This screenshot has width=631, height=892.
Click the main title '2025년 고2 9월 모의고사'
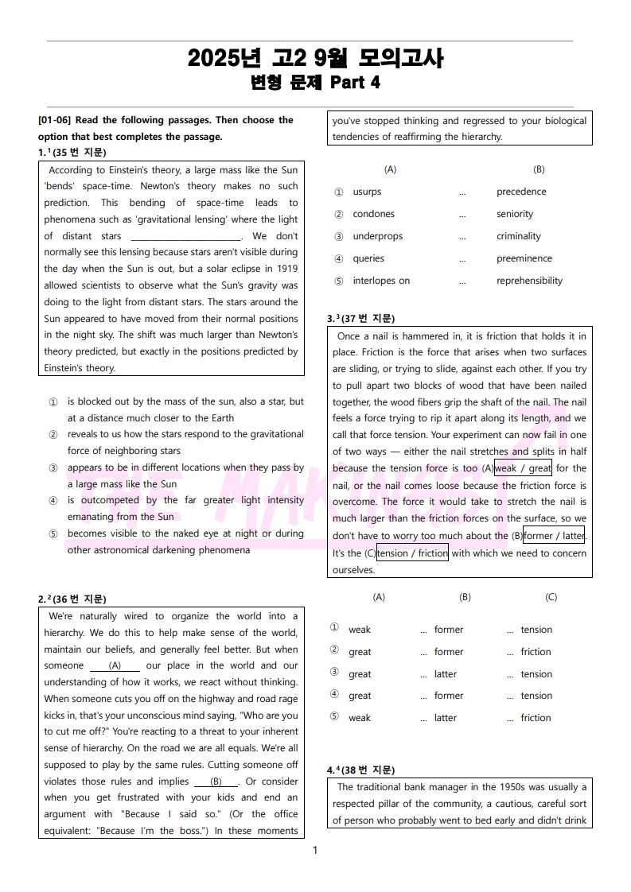point(315,59)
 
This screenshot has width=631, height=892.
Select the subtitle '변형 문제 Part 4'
point(315,83)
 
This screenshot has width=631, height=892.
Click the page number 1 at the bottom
point(315,851)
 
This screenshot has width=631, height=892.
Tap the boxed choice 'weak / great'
point(523,468)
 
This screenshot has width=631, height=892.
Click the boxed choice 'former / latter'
point(553,535)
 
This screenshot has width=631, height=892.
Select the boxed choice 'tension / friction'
point(412,553)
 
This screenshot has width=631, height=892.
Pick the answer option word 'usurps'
point(367,192)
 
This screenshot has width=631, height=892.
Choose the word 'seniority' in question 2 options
point(515,214)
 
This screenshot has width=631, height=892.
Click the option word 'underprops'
point(378,236)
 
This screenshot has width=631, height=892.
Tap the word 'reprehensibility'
point(529,281)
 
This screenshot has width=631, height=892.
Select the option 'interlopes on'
point(381,281)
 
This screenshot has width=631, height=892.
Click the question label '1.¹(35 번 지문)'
point(72,153)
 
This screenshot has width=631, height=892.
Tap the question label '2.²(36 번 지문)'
point(72,599)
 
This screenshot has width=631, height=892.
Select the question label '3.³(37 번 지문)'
point(360,319)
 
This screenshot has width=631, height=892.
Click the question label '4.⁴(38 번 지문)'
point(360,770)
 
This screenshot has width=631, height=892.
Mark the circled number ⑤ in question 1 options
point(53,534)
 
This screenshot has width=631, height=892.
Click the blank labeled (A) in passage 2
point(115,665)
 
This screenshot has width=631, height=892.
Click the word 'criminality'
point(518,236)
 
